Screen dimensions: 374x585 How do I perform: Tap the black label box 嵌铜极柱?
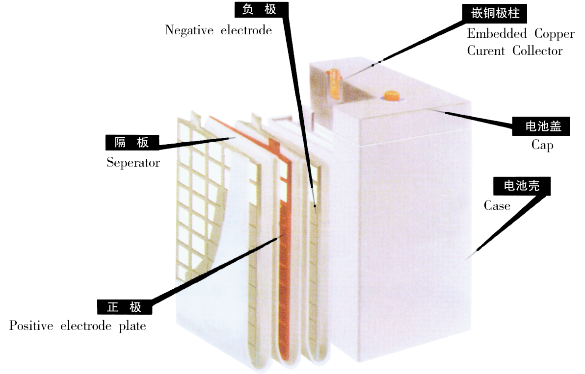[x=495, y=14]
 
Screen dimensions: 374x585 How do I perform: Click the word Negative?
[x=187, y=30]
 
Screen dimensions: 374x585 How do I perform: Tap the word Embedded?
[x=490, y=34]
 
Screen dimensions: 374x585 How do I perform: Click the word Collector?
[x=537, y=50]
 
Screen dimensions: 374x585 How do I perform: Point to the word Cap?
[x=542, y=146]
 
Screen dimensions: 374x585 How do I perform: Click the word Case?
[x=497, y=206]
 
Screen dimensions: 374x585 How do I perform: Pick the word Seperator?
[x=133, y=163]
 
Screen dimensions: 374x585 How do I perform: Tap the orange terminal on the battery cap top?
[x=392, y=95]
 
